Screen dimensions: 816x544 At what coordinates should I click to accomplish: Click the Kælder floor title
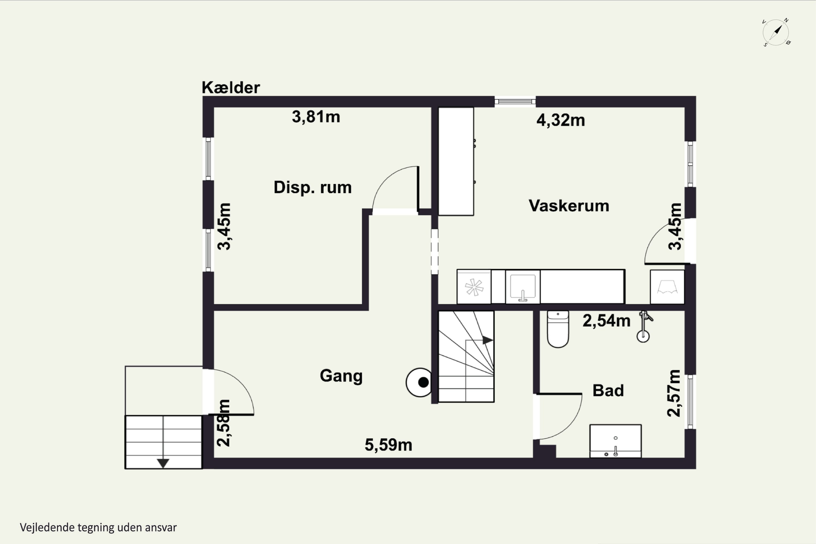pyautogui.click(x=231, y=87)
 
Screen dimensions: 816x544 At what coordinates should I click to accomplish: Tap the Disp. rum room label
pyautogui.click(x=313, y=188)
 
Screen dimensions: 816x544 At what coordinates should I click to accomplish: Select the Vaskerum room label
pyautogui.click(x=569, y=206)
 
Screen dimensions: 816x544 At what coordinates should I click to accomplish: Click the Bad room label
pyautogui.click(x=608, y=391)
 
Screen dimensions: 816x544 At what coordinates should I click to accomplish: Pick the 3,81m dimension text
pyautogui.click(x=316, y=117)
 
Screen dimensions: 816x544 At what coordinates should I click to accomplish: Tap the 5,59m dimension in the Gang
pyautogui.click(x=388, y=445)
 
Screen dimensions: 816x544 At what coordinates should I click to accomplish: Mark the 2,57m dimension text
pyautogui.click(x=674, y=393)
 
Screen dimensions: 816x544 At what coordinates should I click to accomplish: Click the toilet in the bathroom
pyautogui.click(x=558, y=329)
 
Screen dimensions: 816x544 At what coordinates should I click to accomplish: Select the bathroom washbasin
pyautogui.click(x=616, y=441)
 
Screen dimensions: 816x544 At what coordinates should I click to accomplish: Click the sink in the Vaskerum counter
pyautogui.click(x=523, y=287)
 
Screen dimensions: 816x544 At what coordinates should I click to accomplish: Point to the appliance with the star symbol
pyautogui.click(x=474, y=287)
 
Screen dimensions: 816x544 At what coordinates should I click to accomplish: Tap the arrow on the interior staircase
pyautogui.click(x=487, y=340)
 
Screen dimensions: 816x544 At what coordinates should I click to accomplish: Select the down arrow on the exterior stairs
pyautogui.click(x=163, y=463)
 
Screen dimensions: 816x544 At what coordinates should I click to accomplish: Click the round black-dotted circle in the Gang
pyautogui.click(x=419, y=382)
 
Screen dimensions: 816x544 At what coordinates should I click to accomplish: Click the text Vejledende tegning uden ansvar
pyautogui.click(x=98, y=528)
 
